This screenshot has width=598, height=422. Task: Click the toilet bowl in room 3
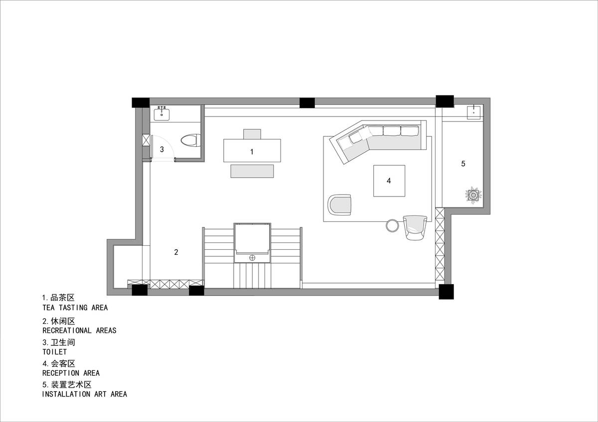click(x=190, y=140)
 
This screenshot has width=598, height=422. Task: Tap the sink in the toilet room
click(x=161, y=114)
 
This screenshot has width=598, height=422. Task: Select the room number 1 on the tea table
click(x=252, y=152)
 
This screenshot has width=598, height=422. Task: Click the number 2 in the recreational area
click(x=176, y=252)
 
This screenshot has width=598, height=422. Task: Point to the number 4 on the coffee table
click(x=389, y=181)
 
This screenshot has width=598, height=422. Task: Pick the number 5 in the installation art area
click(x=463, y=163)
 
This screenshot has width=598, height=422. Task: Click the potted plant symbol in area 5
click(x=473, y=196)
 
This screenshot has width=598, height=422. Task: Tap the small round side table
click(x=393, y=225)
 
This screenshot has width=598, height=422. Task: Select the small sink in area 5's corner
click(x=473, y=112)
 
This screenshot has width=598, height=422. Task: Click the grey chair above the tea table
click(x=252, y=134)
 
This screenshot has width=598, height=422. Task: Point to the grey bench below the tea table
click(x=252, y=171)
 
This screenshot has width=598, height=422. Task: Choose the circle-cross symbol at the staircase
click(x=252, y=258)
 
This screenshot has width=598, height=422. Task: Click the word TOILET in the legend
click(x=54, y=352)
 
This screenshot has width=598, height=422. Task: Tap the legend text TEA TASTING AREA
click(x=75, y=308)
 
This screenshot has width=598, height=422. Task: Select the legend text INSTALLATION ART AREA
click(x=85, y=394)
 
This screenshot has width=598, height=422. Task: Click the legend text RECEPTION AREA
click(x=71, y=373)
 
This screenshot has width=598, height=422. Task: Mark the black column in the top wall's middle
click(x=307, y=103)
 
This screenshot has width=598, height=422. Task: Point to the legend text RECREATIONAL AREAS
click(x=79, y=330)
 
